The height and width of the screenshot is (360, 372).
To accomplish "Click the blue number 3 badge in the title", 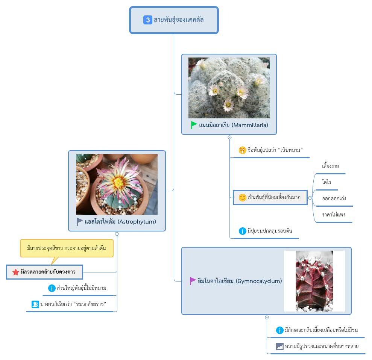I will pos(148,20).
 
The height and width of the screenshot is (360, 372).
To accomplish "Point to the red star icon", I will pos(16,272).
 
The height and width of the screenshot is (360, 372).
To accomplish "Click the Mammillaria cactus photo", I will pos(229,88).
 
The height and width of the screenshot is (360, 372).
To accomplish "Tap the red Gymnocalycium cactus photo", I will pos(314,281).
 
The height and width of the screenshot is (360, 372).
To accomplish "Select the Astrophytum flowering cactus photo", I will pos(117,185).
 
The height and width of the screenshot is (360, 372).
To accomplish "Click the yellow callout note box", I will pos(67,248).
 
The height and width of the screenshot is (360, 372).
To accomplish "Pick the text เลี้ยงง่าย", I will pos(331,166).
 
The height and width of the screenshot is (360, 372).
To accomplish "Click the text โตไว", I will pos(326,182).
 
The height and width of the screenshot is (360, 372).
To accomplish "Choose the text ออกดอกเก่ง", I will pos(334,198).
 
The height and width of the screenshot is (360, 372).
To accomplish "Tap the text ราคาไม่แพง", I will pos(334,215).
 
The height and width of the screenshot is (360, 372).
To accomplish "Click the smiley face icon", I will pos(243,197).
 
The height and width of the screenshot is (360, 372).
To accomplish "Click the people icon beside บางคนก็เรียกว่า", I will pos(35,304).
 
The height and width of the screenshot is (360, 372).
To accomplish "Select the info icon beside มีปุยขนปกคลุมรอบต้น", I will pos(243,231).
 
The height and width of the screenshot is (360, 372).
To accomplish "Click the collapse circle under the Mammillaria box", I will pos(229,138).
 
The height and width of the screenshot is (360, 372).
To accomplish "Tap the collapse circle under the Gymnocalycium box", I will pos(267,318).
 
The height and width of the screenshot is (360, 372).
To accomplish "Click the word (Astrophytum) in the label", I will pos(137,222).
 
